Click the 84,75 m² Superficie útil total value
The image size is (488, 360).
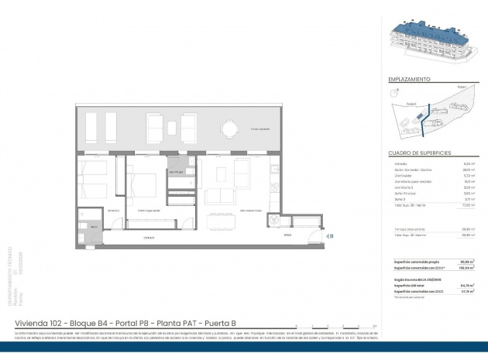point(467,285)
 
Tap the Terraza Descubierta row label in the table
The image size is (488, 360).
point(410,229)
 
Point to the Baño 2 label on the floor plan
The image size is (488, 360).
point(93,226)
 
